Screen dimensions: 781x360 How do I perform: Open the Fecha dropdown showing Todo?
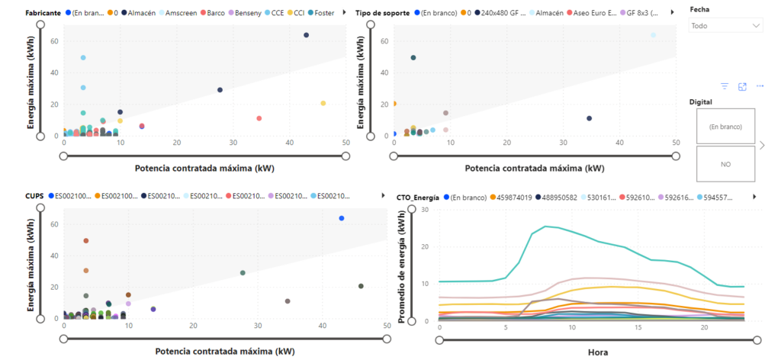tap(726, 25)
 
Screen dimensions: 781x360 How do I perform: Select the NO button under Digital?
tap(725, 164)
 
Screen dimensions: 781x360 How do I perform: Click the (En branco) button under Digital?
tap(725, 127)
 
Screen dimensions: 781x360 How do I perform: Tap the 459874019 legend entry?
tap(512, 197)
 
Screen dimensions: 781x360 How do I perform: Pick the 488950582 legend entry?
tap(559, 197)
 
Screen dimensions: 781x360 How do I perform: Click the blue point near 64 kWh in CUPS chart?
tap(342, 219)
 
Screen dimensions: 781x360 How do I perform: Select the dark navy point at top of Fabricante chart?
tap(307, 35)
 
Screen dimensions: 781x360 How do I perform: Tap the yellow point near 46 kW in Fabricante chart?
tap(323, 103)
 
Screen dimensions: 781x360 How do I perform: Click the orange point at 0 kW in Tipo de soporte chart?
tap(394, 104)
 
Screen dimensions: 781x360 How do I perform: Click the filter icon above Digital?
tap(725, 87)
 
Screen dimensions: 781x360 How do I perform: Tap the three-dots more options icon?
tap(760, 86)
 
